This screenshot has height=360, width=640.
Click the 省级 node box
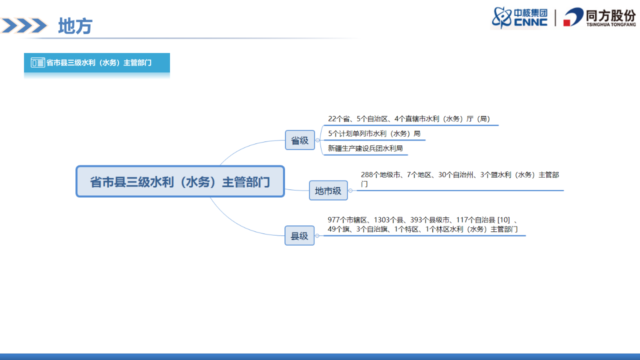(x=299, y=140)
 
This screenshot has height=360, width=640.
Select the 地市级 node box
(x=328, y=190)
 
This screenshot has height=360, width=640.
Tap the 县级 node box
(x=299, y=235)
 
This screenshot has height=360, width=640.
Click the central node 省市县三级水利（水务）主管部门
(x=180, y=181)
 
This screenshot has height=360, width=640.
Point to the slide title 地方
(x=75, y=26)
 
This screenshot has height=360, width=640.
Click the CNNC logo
(x=520, y=17)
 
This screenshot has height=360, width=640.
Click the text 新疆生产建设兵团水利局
(x=365, y=148)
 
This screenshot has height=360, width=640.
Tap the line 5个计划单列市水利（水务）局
(x=374, y=134)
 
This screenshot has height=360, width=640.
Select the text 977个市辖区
(x=348, y=220)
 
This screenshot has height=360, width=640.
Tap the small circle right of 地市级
(x=350, y=190)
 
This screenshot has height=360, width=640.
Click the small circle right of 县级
(x=317, y=235)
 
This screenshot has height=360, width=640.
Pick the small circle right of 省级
(x=317, y=140)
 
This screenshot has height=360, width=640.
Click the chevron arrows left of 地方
(x=24, y=25)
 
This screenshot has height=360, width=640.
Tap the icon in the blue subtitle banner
(x=37, y=62)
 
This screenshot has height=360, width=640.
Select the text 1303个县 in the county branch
(x=389, y=220)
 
